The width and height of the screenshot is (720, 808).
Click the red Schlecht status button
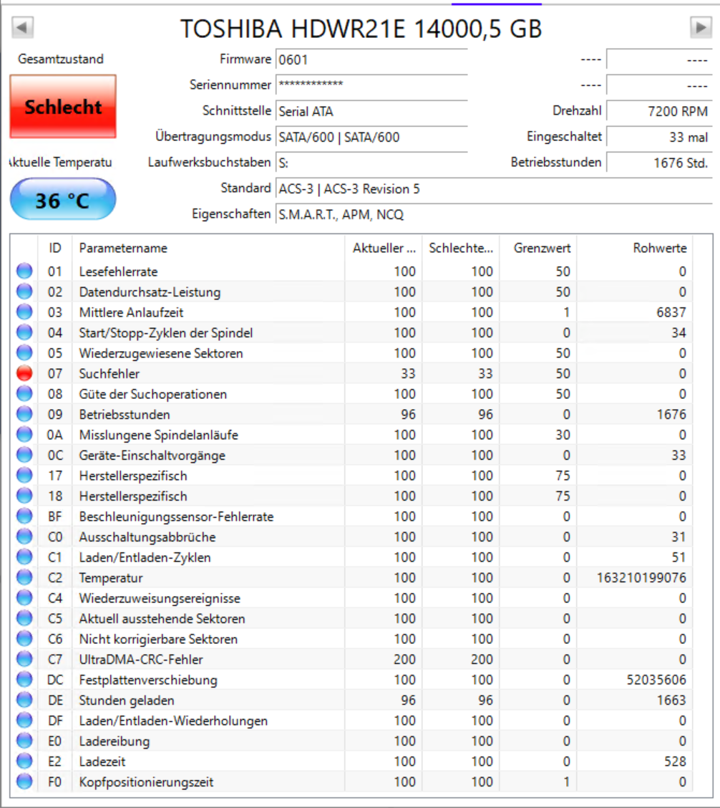coord(63,107)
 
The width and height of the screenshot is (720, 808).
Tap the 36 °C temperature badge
coord(63,199)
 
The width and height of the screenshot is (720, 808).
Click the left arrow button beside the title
coord(23,28)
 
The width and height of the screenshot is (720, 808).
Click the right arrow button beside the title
coord(700,28)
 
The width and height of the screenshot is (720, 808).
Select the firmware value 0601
coord(293,59)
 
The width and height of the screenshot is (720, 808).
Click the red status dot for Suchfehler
coord(25,373)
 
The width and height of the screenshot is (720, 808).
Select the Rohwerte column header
coord(659,248)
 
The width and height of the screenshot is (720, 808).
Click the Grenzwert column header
coord(542,248)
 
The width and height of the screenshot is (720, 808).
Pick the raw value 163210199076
coord(641,577)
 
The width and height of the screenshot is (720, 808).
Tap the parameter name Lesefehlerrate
coord(118,271)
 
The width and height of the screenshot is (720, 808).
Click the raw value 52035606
coord(656,680)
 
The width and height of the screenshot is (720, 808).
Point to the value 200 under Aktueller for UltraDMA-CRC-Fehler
coord(404,659)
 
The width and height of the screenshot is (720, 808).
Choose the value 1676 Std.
coord(680,163)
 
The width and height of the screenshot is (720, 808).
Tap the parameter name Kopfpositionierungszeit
coord(146,781)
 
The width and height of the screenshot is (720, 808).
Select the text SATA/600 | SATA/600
coord(339,137)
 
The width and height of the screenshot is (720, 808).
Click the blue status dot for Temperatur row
coord(25,577)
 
